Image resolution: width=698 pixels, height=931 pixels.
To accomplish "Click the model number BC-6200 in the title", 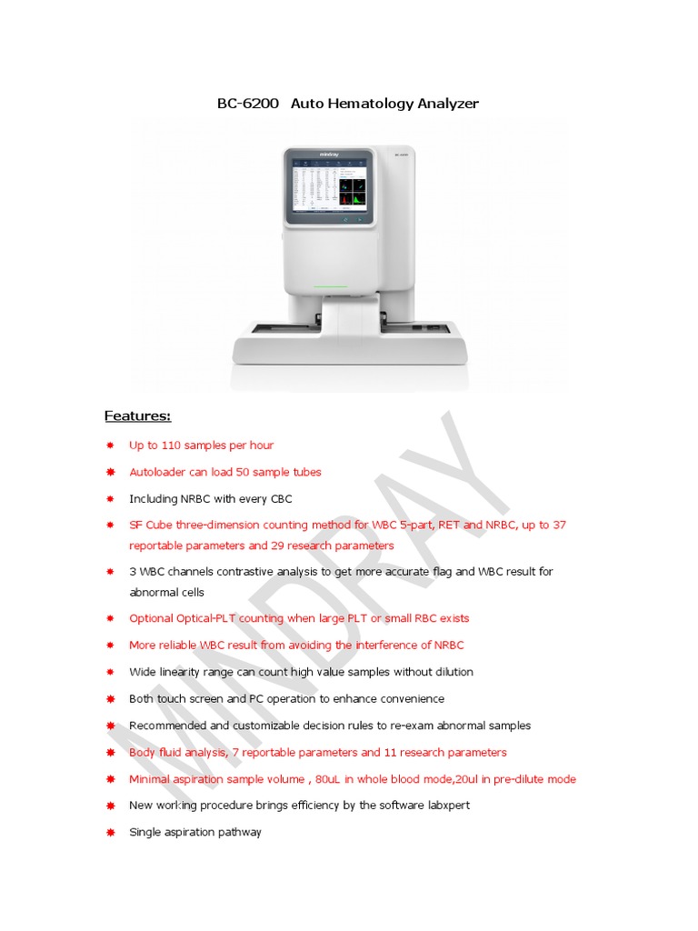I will tap(247, 104).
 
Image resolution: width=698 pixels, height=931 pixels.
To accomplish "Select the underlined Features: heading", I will tap(137, 416).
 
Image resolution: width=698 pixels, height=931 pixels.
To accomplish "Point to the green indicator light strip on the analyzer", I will tap(331, 286).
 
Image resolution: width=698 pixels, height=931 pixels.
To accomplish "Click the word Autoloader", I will tap(157, 473).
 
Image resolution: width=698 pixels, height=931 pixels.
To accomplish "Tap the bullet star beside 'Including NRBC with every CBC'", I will tap(110, 499).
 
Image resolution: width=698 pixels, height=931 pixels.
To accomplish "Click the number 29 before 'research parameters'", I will tap(279, 546).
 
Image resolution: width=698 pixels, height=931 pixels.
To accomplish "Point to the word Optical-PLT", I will tap(202, 618).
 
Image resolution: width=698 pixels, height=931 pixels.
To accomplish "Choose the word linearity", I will tap(184, 672).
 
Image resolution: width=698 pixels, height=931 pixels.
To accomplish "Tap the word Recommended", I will tap(168, 726).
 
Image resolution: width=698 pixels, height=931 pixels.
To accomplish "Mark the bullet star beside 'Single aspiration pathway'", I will tap(110, 833).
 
